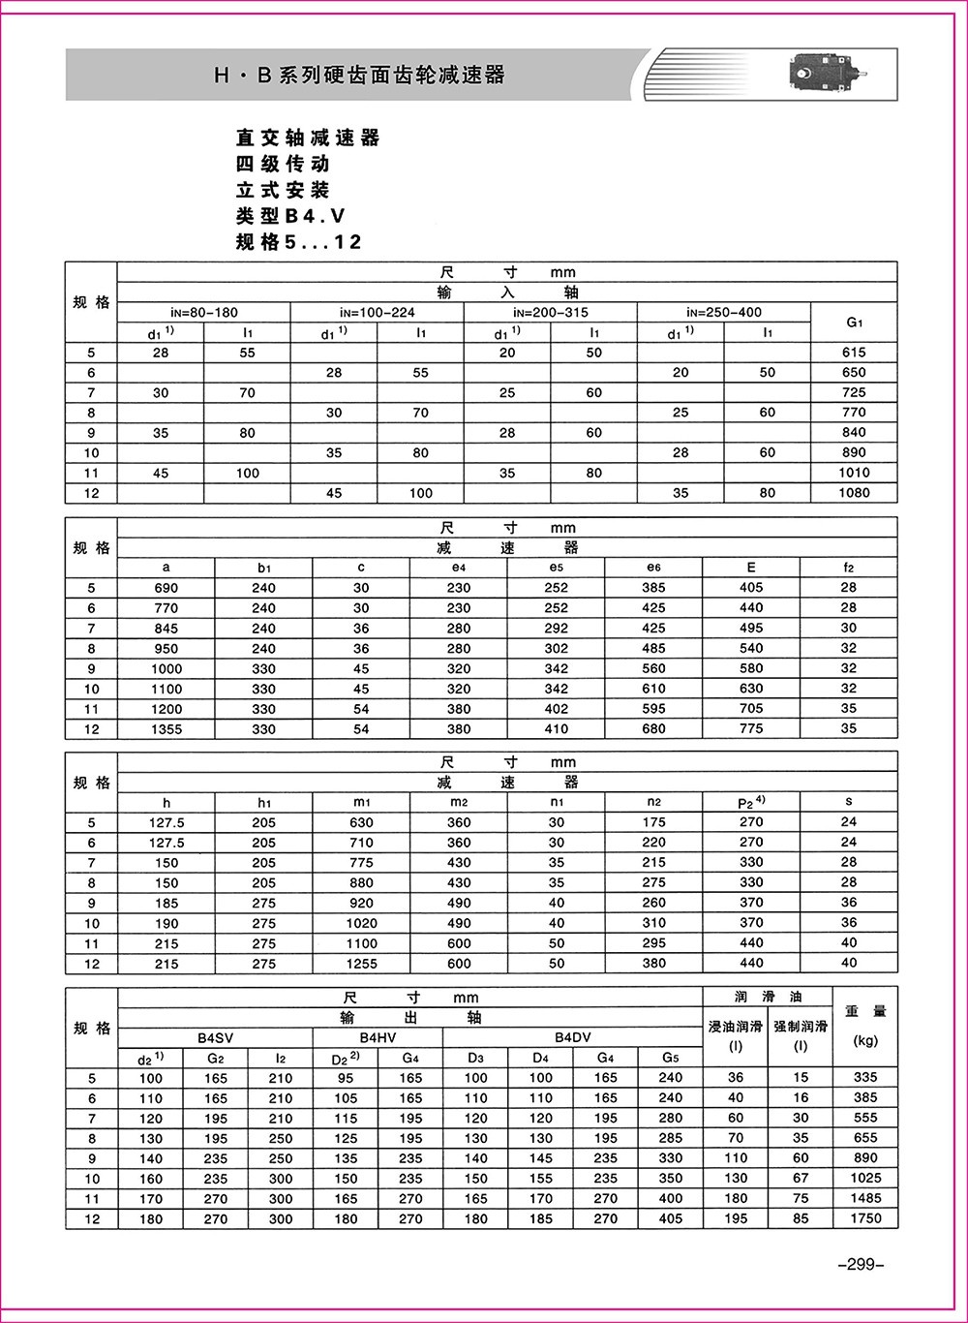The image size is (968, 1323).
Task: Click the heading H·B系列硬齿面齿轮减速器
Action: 359,75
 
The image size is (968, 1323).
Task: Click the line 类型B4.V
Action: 290,216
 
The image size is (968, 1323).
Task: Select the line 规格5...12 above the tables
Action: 299,242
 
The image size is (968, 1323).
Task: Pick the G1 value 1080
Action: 854,493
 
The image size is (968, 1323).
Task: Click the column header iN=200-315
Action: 550,312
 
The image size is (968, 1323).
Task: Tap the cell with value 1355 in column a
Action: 166,729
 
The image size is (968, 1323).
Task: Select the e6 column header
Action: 653,568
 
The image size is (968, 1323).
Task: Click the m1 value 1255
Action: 361,964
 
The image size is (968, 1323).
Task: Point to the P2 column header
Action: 751,802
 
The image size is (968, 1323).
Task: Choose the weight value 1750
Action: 865,1218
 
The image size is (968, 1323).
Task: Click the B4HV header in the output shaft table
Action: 378,1037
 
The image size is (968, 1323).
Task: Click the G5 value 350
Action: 671,1179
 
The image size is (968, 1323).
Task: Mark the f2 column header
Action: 848,568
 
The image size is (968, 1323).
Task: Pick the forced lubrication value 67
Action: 800,1179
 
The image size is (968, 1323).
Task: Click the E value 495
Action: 751,629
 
